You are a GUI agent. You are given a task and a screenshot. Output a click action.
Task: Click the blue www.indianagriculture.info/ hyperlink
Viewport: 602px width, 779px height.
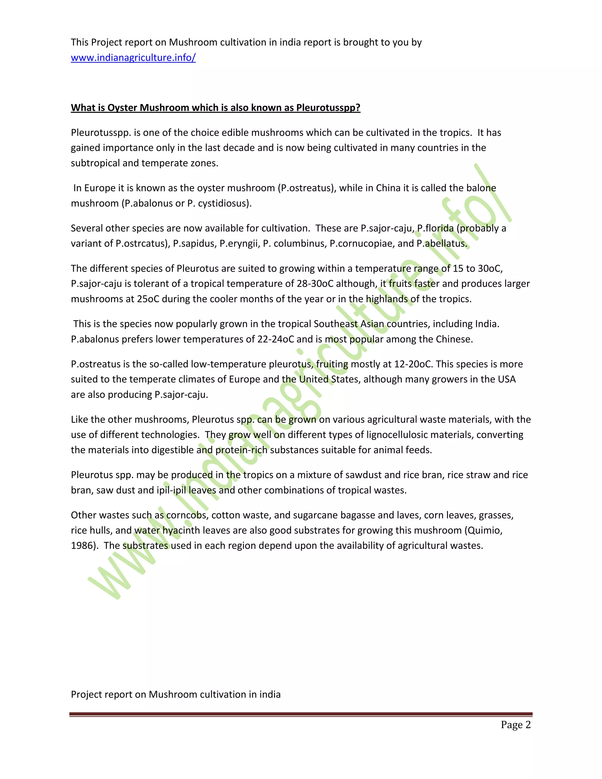pos(133,58)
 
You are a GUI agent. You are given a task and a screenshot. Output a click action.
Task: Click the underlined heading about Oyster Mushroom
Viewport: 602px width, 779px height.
pos(215,108)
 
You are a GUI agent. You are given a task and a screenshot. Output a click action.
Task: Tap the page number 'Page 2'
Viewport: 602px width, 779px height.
pos(515,725)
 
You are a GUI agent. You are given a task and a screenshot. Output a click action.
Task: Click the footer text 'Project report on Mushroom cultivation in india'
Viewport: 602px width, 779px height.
pos(175,694)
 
